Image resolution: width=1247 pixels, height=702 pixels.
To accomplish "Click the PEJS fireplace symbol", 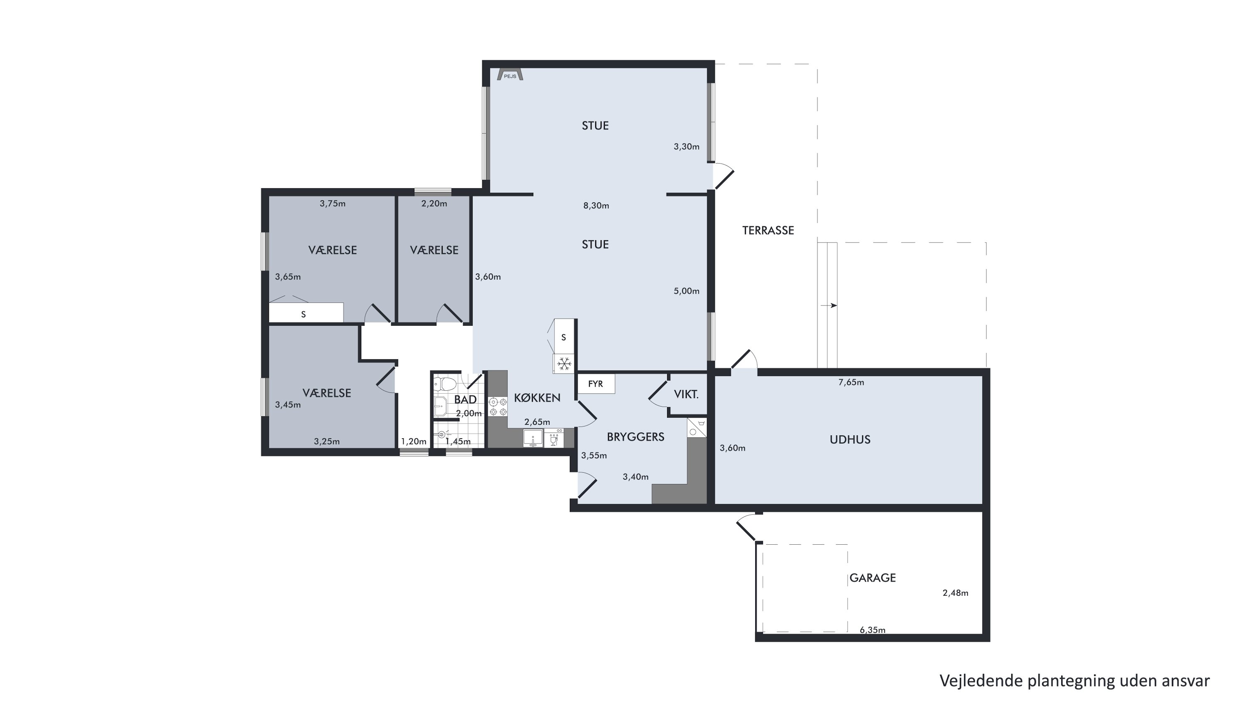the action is (510, 74).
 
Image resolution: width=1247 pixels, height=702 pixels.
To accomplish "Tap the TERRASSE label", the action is (768, 231).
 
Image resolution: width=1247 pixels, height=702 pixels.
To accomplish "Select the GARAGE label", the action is (872, 578).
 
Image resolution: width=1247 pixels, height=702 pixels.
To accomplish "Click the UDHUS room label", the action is (850, 440).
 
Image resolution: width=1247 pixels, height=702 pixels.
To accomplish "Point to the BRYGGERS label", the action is (635, 437).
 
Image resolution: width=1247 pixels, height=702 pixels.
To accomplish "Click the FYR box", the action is (596, 384).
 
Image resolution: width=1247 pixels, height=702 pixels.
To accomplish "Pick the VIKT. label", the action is (686, 394).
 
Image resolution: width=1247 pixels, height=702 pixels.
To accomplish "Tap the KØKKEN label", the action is (537, 398).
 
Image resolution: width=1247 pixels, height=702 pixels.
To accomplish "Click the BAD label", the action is (465, 400).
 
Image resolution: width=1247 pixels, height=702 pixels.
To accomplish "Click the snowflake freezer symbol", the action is (564, 363).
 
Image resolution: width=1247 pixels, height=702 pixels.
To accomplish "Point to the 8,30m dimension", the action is (596, 206).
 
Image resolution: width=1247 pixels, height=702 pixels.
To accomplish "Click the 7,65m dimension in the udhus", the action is (851, 382).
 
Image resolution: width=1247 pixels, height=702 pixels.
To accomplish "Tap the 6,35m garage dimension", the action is (872, 630).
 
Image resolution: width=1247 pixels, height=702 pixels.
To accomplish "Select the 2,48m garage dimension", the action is (955, 593).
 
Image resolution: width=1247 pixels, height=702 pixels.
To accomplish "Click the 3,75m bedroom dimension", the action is (333, 203).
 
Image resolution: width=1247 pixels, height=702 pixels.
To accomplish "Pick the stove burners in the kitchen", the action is (498, 407).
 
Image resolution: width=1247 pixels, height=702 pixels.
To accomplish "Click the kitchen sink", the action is (533, 438).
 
